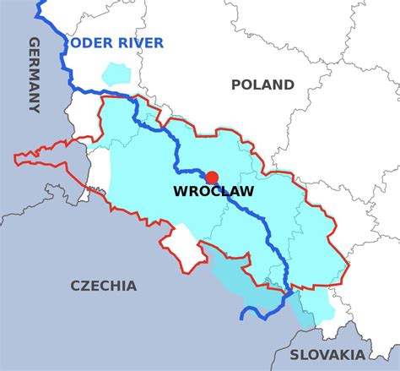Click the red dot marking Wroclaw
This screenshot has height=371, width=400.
click(212, 177)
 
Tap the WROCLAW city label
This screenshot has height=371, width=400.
click(213, 192)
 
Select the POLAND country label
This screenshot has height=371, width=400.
click(262, 85)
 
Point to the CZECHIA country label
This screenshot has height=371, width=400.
click(103, 286)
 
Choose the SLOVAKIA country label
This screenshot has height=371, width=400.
click(327, 355)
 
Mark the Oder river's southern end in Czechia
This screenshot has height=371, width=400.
click(242, 318)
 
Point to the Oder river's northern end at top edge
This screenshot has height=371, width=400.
click(39, 5)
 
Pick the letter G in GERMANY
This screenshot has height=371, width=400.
click(35, 43)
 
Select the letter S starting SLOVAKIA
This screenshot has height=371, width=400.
click(295, 355)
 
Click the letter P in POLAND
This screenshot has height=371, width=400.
click(236, 85)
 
